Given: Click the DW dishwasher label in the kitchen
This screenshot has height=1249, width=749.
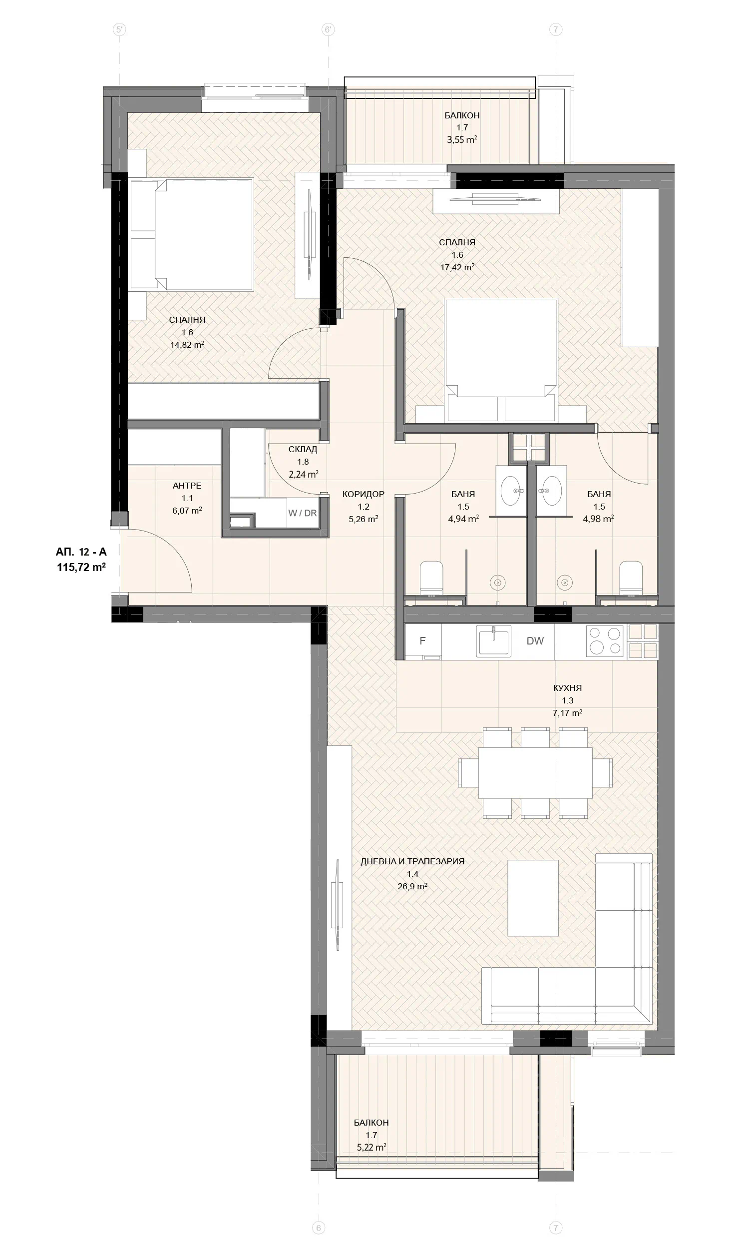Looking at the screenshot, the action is pos(535,641).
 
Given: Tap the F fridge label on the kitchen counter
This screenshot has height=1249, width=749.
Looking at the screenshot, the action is pos(422,640).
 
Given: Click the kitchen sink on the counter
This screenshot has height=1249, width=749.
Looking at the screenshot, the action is pos(494,640).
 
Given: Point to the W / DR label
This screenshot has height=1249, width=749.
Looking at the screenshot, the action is pos(302,513).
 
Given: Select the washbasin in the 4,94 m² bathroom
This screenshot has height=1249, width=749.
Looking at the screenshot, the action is pos(511,490).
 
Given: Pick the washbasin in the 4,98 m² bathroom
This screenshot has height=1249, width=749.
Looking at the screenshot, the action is pos(551,490).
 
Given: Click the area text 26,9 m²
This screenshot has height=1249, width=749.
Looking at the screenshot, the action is pos(412,886).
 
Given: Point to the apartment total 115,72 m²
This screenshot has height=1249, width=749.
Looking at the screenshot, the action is pos(81,567).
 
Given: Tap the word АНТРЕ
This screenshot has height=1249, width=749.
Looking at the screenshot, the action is pos(187,486).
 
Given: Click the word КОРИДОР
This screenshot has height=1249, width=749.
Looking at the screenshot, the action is pos(364,494).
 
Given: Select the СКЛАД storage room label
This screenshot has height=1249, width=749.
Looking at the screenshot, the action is pos(303,449).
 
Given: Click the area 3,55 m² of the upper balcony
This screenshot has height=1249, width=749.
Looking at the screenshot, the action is pos(462,140).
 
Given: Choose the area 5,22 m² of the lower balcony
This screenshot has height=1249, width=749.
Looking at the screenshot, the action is pos(372,1147).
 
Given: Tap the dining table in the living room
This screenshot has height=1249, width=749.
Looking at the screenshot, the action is pos(535,772).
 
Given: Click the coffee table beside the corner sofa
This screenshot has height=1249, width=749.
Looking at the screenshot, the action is pos(533,898).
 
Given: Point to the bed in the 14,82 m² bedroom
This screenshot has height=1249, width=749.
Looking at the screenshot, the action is pos(192,235).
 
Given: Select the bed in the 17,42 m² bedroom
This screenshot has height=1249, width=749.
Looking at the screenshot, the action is pos(501,360).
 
